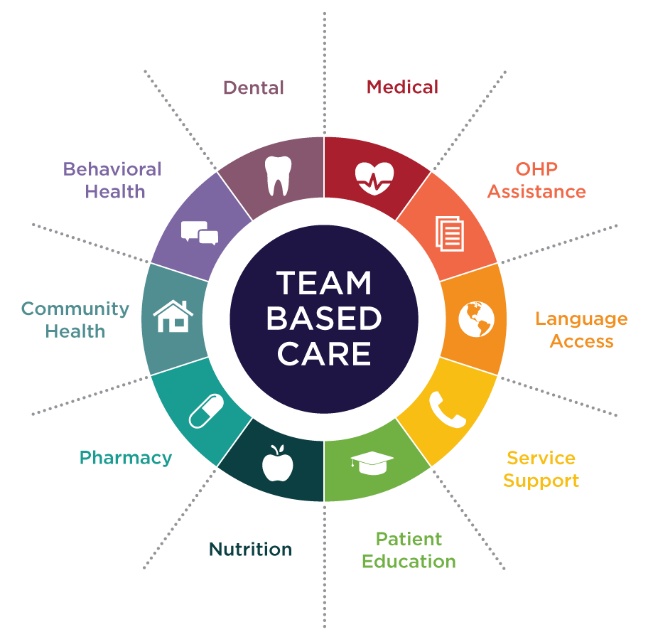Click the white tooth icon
coord(277,176)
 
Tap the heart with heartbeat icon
coord(374,178)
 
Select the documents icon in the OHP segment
coord(449,233)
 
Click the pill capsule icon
coord(206,411)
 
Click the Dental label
coord(254,88)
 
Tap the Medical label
coord(402,87)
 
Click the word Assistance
coord(536,192)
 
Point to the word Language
coord(581,318)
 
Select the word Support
coord(541,481)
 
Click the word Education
coord(409,561)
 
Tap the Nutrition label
coord(250,550)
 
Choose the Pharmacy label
coord(126,458)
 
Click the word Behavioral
coord(112,169)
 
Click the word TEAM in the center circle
coord(324,284)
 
